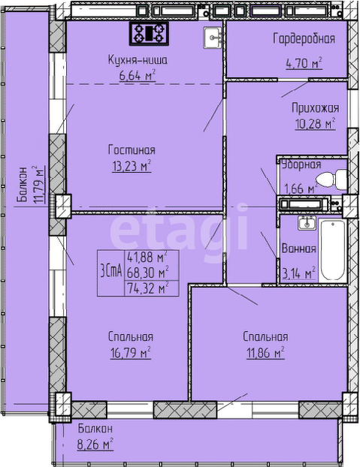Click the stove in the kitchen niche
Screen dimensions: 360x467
click(x=149, y=33)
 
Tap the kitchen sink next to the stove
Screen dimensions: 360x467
click(x=213, y=38)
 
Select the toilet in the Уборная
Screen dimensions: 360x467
click(x=331, y=179)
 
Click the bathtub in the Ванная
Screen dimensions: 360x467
click(x=333, y=249)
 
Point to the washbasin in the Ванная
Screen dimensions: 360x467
click(x=307, y=223)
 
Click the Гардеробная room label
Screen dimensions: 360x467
click(x=304, y=39)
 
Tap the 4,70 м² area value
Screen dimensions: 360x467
click(x=304, y=63)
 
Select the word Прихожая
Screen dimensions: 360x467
click(x=316, y=108)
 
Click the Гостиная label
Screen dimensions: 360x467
click(x=132, y=149)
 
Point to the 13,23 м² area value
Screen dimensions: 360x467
click(x=132, y=166)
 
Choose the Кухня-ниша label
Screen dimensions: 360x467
click(x=138, y=60)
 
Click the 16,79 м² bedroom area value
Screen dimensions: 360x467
click(x=131, y=352)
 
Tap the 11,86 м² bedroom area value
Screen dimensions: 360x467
click(x=265, y=353)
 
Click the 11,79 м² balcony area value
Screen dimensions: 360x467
click(x=39, y=185)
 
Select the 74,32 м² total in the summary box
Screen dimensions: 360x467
click(x=147, y=288)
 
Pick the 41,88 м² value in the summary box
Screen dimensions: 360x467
click(x=147, y=257)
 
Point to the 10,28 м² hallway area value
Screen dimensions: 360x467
click(x=316, y=123)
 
